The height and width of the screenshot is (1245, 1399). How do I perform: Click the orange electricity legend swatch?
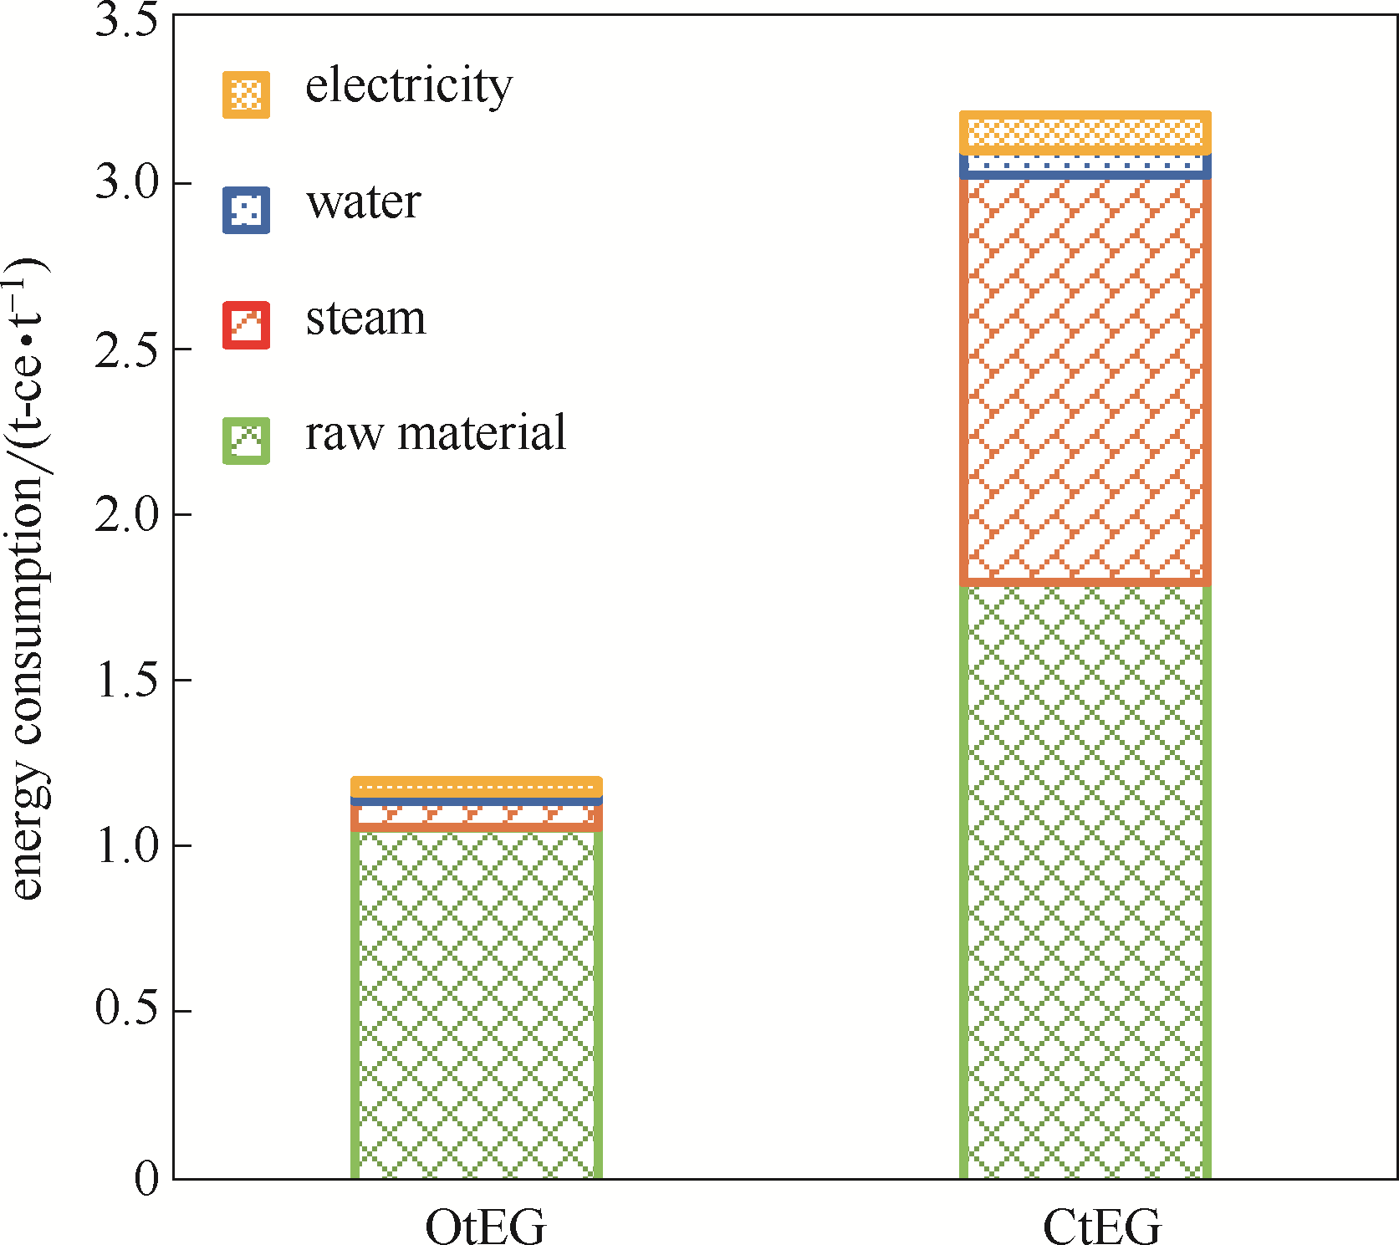pos(246,94)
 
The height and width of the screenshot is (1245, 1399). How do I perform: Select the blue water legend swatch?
pos(246,210)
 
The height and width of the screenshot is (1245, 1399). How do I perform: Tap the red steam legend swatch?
pos(246,325)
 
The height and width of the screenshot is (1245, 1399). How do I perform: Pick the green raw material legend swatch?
pos(246,441)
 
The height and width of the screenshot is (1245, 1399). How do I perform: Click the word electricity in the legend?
pos(408,86)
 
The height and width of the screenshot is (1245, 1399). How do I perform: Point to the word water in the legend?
pos(363,202)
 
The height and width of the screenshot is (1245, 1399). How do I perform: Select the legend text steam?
pos(365,319)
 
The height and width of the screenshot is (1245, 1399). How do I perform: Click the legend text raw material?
pos(436,433)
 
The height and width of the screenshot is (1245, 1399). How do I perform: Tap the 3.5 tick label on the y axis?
pos(126,20)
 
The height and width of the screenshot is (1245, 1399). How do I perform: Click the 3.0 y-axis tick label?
pos(126,182)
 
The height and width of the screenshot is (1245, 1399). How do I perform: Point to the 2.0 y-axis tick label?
pos(126,514)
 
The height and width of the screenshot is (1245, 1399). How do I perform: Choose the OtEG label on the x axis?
pos(485,1227)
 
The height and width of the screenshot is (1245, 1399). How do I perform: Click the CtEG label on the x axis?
pos(1102,1227)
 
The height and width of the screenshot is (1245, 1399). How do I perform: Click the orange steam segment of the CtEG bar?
pos(1085,380)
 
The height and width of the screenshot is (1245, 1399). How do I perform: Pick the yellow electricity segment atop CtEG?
pos(1085,132)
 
